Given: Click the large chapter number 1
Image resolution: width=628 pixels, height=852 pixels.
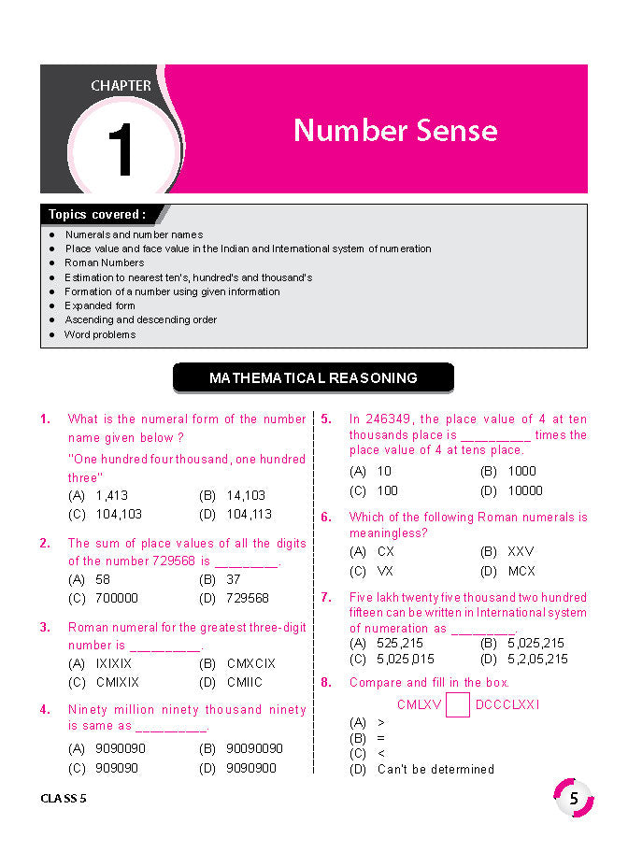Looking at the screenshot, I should tap(121, 149).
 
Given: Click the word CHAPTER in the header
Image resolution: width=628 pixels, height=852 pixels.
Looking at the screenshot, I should tap(121, 85).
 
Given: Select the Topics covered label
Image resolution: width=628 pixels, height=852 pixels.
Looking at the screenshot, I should tap(96, 214).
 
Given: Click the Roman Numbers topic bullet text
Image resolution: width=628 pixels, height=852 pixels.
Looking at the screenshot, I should tap(104, 263).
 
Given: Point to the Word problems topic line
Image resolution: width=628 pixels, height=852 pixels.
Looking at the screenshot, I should tap(100, 334).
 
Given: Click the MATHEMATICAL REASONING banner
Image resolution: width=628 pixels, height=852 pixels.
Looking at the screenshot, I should tap(313, 378).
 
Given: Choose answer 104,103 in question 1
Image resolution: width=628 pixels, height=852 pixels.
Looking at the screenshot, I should tap(119, 514).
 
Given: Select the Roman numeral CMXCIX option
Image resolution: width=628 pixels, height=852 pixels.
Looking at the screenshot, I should tap(251, 663).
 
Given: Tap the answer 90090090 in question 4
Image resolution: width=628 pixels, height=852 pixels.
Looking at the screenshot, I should tap(254, 748).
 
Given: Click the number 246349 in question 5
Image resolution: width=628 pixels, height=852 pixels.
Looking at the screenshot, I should tap(389, 419).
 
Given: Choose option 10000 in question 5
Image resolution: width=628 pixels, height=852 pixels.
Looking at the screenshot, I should tap(524, 490).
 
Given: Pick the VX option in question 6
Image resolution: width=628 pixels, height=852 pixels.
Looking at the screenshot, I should tap(385, 571).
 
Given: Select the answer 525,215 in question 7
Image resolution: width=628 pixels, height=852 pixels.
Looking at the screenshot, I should tap(399, 643).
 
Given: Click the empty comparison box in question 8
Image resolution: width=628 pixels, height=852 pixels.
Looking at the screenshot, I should tap(458, 704).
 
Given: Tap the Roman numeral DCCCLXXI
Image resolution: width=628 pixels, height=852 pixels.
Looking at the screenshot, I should tap(507, 704).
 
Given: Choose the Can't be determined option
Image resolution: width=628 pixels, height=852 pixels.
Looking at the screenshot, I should tap(435, 769).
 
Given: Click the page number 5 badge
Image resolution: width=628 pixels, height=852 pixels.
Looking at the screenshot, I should tap(574, 798).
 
